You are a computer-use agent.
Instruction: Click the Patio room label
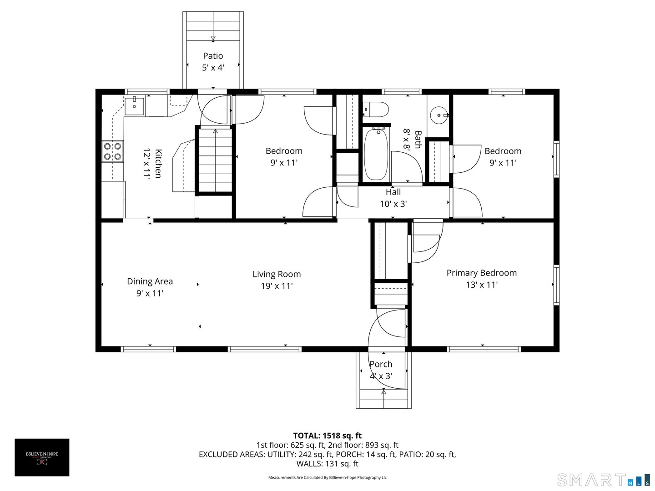coord(213,56)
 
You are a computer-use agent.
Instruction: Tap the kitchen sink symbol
coord(134,106)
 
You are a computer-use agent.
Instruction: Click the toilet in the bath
coord(376,110)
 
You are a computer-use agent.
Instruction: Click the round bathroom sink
coord(439,115)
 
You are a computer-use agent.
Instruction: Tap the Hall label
coord(393,192)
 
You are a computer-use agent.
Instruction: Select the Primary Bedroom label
coord(481,273)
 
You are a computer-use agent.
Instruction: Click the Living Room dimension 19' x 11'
coord(277,286)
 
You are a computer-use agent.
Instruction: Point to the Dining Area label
coord(150,281)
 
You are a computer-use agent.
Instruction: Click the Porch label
coord(381,364)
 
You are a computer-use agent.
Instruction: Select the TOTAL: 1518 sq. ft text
coord(327,436)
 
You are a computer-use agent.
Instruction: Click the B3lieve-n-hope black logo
coord(42,457)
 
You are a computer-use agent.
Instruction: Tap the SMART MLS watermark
coord(603,480)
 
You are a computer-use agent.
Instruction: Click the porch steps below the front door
coord(383,399)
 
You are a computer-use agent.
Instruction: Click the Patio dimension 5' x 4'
coord(213,68)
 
